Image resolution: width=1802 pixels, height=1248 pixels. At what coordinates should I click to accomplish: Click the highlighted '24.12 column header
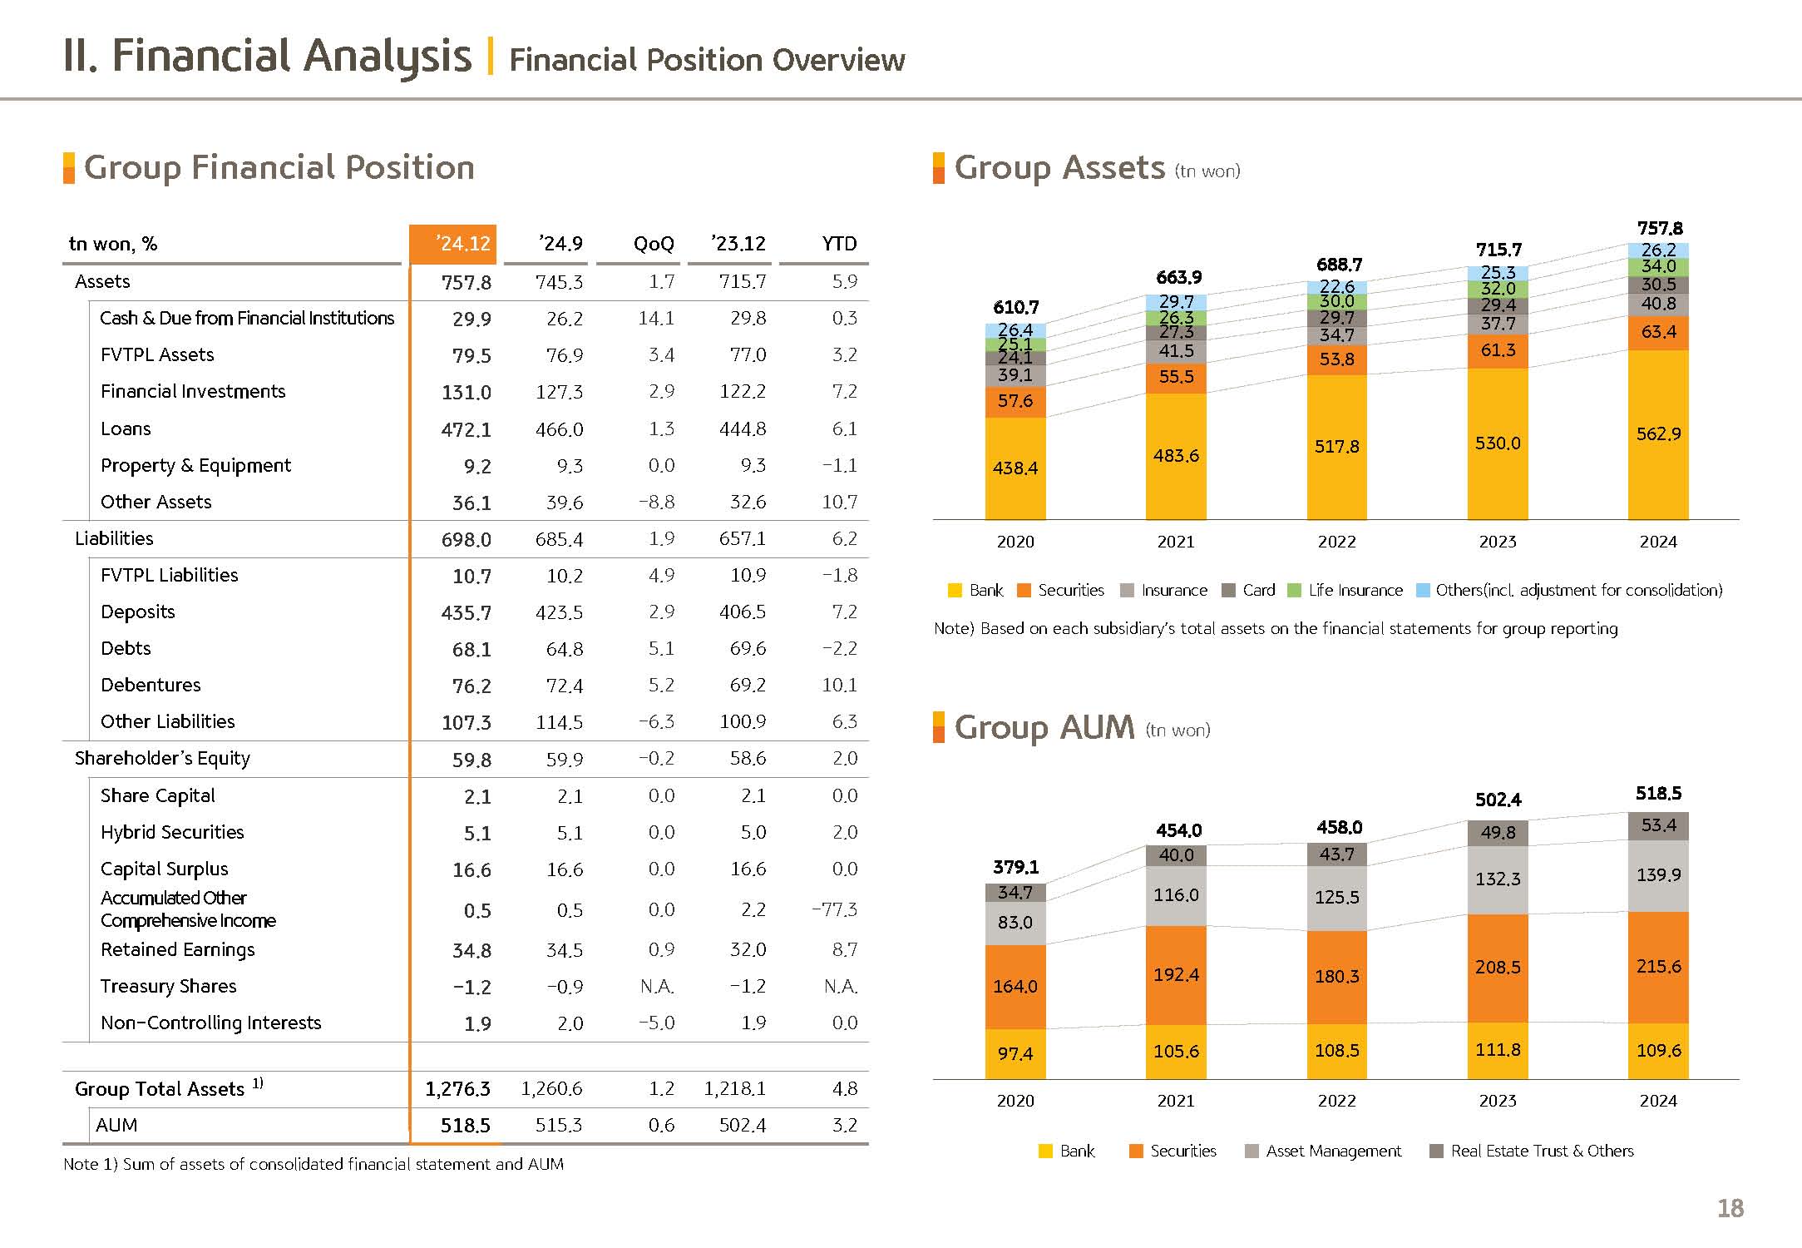point(453,244)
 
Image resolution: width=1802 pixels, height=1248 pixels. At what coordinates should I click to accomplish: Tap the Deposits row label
point(138,612)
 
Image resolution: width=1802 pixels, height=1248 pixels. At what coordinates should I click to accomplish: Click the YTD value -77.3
point(834,909)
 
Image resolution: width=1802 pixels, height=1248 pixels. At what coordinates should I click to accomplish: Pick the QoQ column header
point(654,244)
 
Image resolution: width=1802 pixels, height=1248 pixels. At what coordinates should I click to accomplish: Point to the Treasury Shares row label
point(168,986)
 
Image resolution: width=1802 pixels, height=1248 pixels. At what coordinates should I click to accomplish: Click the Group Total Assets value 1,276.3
point(457,1088)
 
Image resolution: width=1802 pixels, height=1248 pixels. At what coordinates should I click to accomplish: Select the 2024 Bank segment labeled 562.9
point(1658,433)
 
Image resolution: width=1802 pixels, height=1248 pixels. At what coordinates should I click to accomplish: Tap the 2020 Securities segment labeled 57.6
point(1015,401)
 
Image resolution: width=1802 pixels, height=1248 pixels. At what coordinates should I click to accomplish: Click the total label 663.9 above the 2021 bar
point(1178,277)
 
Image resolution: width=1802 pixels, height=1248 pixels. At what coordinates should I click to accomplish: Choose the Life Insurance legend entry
point(1345,590)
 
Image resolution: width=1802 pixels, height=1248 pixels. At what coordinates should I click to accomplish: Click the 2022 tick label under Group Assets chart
point(1336,542)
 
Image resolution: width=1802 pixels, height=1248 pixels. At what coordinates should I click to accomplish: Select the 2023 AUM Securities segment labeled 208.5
point(1498,967)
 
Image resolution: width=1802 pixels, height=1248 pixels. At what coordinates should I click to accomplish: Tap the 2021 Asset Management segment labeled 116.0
point(1176,894)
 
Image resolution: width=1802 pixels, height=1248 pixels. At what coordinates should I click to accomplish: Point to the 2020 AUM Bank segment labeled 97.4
point(1015,1053)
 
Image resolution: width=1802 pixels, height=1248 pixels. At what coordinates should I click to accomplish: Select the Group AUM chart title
point(1044,727)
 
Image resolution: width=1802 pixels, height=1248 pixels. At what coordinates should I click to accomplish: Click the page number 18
point(1730,1208)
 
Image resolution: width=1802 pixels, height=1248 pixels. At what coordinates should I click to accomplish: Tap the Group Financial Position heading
point(279,167)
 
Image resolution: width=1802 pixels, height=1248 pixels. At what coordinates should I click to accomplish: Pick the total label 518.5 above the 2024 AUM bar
point(1658,793)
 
